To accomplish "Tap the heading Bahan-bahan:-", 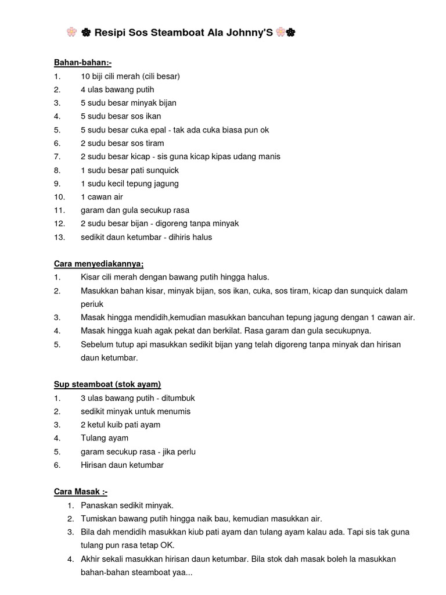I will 82,63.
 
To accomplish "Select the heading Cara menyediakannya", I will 99,264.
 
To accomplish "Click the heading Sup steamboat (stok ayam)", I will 107,384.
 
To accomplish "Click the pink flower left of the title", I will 72,33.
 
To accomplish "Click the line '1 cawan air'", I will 102,197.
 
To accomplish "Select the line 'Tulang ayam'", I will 105,438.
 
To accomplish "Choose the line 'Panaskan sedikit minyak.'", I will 127,505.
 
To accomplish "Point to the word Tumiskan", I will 99,518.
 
